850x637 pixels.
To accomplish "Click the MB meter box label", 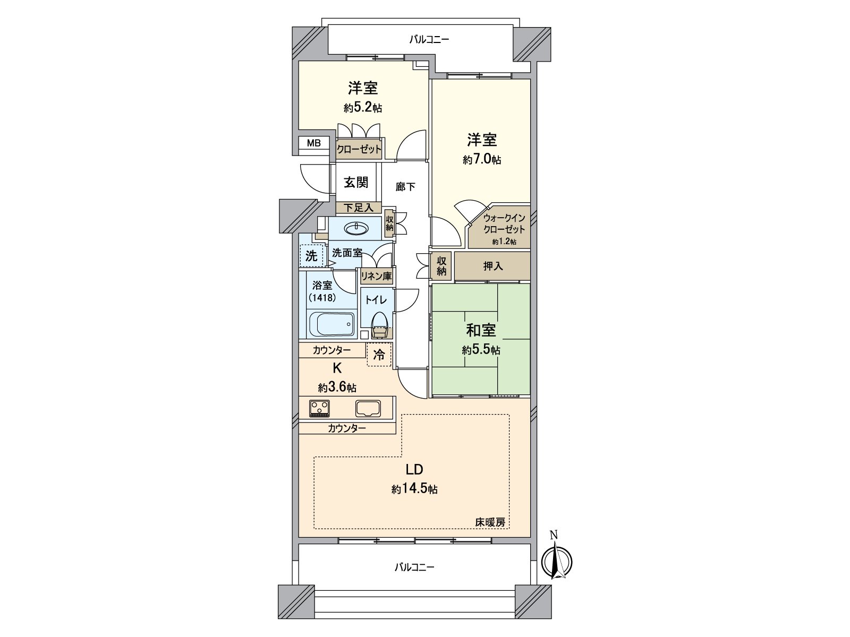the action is point(313,143).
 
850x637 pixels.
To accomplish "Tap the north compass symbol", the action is point(556,561).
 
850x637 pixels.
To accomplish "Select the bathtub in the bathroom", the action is point(331,324).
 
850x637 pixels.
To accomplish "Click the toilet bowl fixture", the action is point(379,325).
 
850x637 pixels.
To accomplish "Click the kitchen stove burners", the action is point(319,408).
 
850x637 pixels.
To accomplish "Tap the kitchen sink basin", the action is point(368,408).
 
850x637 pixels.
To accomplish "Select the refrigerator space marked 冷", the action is point(379,354).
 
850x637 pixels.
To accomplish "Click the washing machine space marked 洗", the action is point(311,256).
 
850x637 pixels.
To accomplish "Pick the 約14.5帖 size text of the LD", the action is point(414,489).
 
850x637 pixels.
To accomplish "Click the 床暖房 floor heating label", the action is point(490,522).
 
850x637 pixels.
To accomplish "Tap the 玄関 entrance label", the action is point(356,182).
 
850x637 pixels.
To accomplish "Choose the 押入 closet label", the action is point(492,266).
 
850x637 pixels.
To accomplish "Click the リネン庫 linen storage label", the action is point(377,276).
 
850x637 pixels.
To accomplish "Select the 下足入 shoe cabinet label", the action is point(359,208).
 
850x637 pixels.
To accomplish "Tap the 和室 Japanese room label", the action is point(481,330).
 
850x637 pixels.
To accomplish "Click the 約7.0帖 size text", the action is point(482,159).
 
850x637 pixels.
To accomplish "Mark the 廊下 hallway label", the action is point(405,187).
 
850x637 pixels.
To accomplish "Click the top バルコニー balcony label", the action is point(429,39).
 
